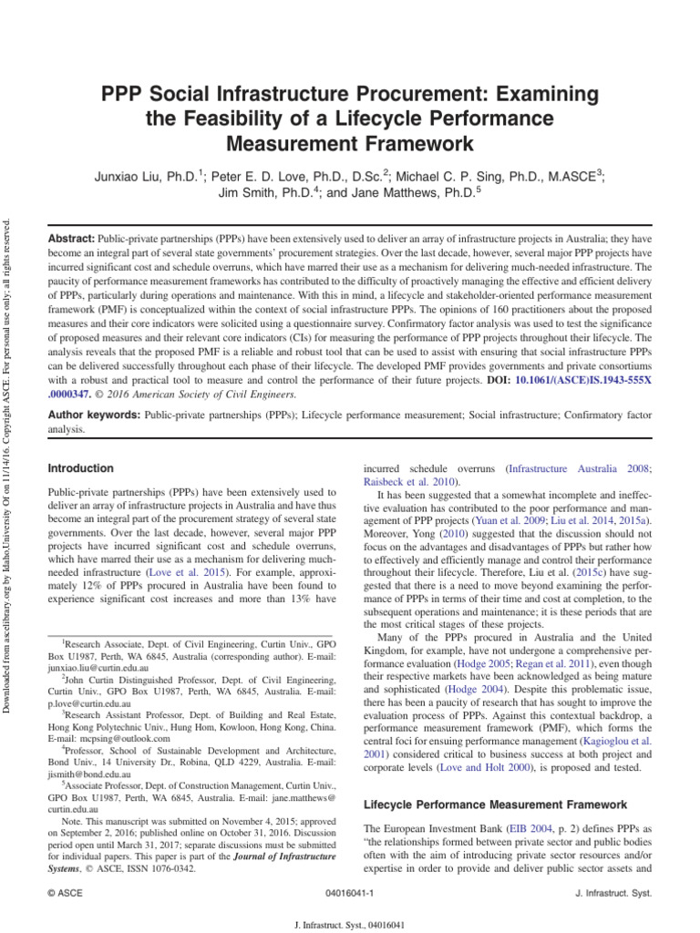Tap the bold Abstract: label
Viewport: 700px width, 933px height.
[x=75, y=235]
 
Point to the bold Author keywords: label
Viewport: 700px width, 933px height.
[x=94, y=415]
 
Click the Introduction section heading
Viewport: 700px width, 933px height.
[x=80, y=468]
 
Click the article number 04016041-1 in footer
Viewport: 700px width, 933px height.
[x=349, y=896]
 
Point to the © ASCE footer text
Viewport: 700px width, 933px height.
[x=66, y=896]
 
